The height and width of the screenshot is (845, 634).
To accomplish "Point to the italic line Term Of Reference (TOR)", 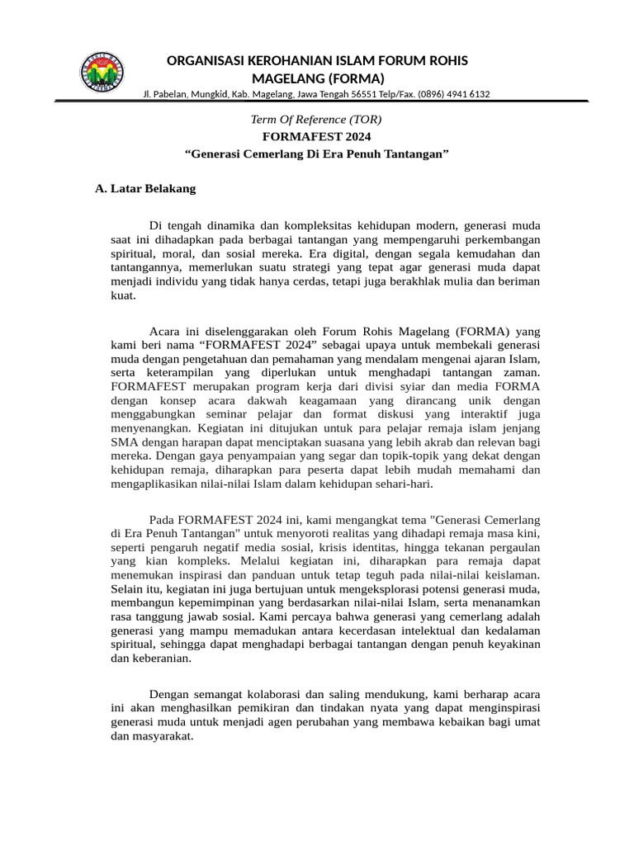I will [316, 120].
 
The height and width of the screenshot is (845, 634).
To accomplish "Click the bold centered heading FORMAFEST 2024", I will [316, 137].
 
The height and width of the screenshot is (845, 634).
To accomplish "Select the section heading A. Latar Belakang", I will [145, 189].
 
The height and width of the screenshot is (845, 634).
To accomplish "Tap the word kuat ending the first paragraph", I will [122, 296].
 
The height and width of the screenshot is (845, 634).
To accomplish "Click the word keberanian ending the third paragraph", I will [163, 659].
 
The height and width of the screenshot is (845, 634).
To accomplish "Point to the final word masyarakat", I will [163, 737].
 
